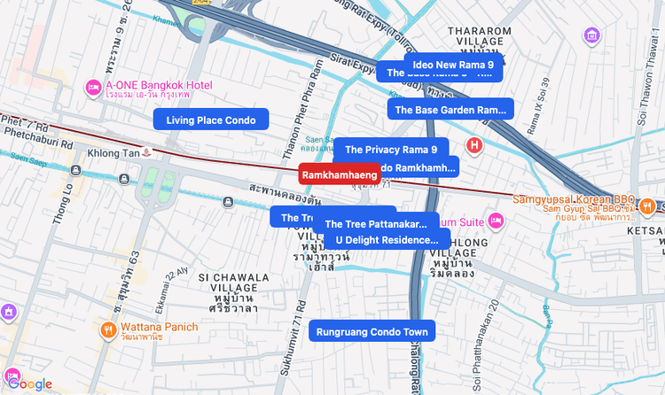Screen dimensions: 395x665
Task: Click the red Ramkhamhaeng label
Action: click(340, 175)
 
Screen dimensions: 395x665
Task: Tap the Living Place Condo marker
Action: click(210, 120)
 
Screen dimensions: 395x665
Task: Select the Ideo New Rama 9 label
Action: click(453, 65)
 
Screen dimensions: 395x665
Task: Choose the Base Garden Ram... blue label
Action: click(450, 110)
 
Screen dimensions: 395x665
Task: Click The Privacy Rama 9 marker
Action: click(391, 150)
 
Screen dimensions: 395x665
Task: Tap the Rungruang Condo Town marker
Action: click(372, 332)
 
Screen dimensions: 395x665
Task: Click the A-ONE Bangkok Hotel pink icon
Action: click(92, 88)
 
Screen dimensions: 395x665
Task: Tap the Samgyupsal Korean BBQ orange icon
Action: click(649, 205)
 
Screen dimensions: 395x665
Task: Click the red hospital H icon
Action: click(475, 144)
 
